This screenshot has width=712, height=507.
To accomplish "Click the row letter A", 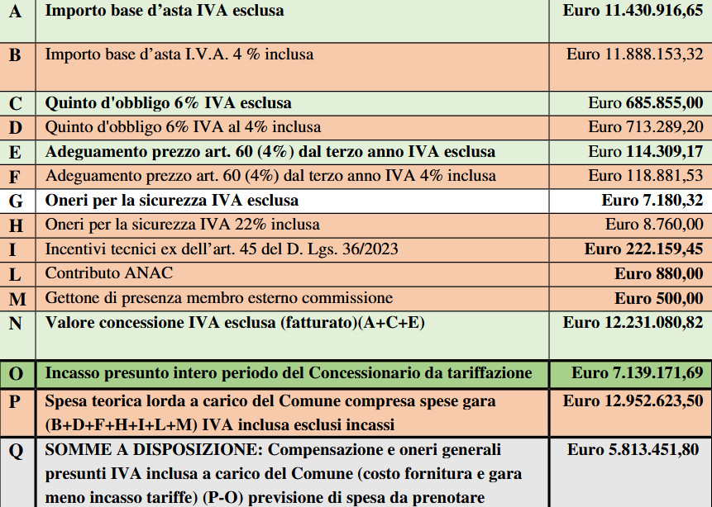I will click(x=15, y=12).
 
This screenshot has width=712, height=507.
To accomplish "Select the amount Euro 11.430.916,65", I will click(x=633, y=11).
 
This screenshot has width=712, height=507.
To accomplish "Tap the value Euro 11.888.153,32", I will click(x=634, y=54).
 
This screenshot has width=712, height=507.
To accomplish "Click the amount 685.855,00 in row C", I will click(x=657, y=103).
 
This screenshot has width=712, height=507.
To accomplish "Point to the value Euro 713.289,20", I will click(x=646, y=127).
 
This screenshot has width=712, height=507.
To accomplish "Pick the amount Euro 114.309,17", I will click(x=646, y=152).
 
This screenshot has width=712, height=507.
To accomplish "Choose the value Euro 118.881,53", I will click(x=646, y=176).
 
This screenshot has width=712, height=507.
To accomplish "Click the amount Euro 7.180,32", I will click(x=652, y=201).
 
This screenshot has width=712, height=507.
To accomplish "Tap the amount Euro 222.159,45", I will click(x=644, y=249).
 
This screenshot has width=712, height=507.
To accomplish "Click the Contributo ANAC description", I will click(x=109, y=272).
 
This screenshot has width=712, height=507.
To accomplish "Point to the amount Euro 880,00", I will click(x=659, y=273).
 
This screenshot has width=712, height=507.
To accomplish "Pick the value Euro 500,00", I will click(x=659, y=297).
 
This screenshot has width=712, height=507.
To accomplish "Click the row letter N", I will click(x=15, y=323).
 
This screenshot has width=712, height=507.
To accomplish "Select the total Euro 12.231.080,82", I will click(x=633, y=322).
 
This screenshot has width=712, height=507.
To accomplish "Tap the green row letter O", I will click(x=16, y=374).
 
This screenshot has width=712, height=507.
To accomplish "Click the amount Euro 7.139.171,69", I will click(x=637, y=373).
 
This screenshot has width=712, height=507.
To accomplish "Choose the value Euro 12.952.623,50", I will click(x=633, y=401).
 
